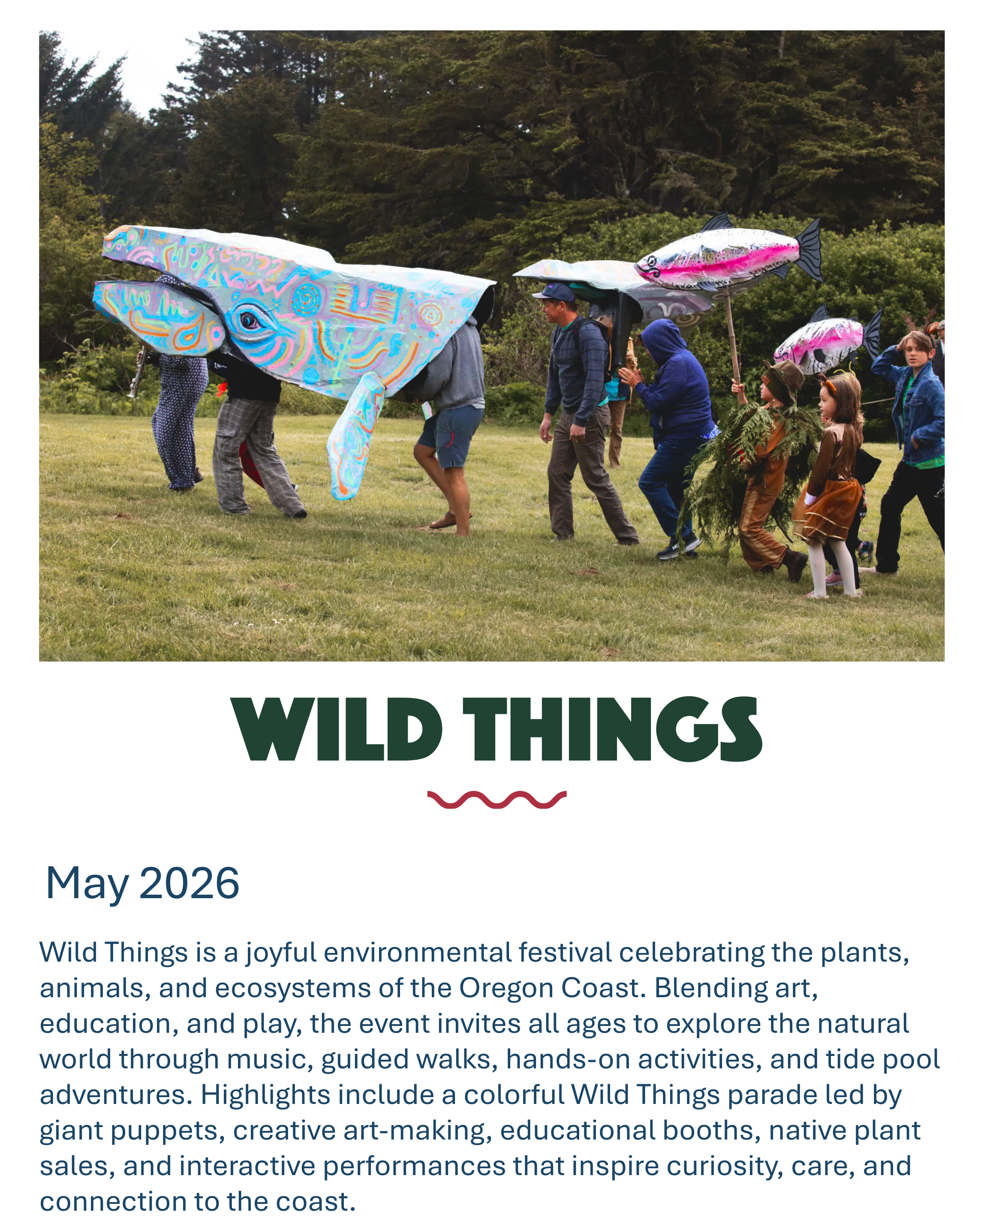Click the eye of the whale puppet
[x=249, y=321]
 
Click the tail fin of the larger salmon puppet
[x=810, y=250]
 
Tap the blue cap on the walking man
[x=554, y=293]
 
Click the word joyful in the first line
[x=281, y=953]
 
